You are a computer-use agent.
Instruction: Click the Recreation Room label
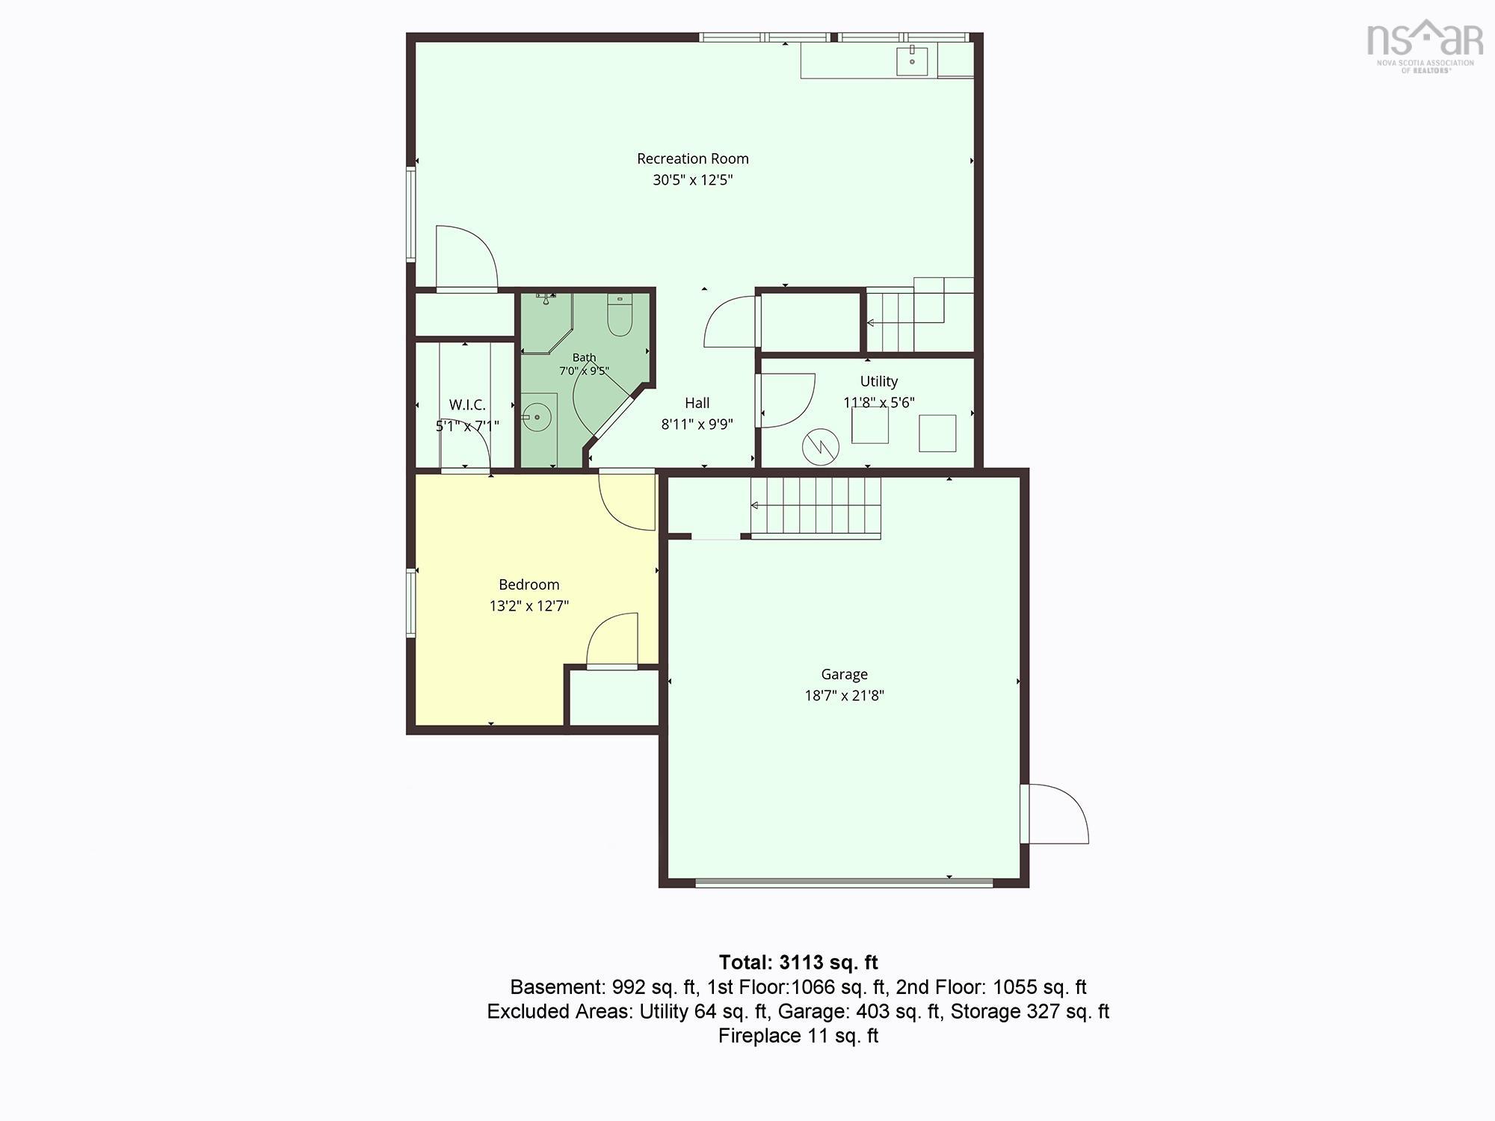[692, 158]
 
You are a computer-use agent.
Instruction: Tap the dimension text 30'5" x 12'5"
[692, 179]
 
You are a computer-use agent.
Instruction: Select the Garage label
[844, 674]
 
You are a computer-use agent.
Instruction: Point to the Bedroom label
[528, 584]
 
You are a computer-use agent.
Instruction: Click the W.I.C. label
[467, 405]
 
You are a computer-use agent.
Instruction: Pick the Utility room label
[878, 381]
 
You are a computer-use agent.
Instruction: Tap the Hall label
[697, 404]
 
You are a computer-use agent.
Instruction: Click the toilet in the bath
[620, 315]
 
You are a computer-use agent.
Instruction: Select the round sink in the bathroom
[537, 417]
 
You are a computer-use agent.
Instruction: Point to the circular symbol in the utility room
[820, 448]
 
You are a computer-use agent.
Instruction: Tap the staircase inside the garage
[816, 507]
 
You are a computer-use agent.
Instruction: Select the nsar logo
[1425, 46]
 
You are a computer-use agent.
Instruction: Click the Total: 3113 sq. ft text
[798, 963]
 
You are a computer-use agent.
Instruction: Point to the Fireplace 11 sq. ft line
[798, 1036]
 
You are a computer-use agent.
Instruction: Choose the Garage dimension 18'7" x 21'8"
[844, 696]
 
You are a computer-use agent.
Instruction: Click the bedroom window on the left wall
[410, 603]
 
